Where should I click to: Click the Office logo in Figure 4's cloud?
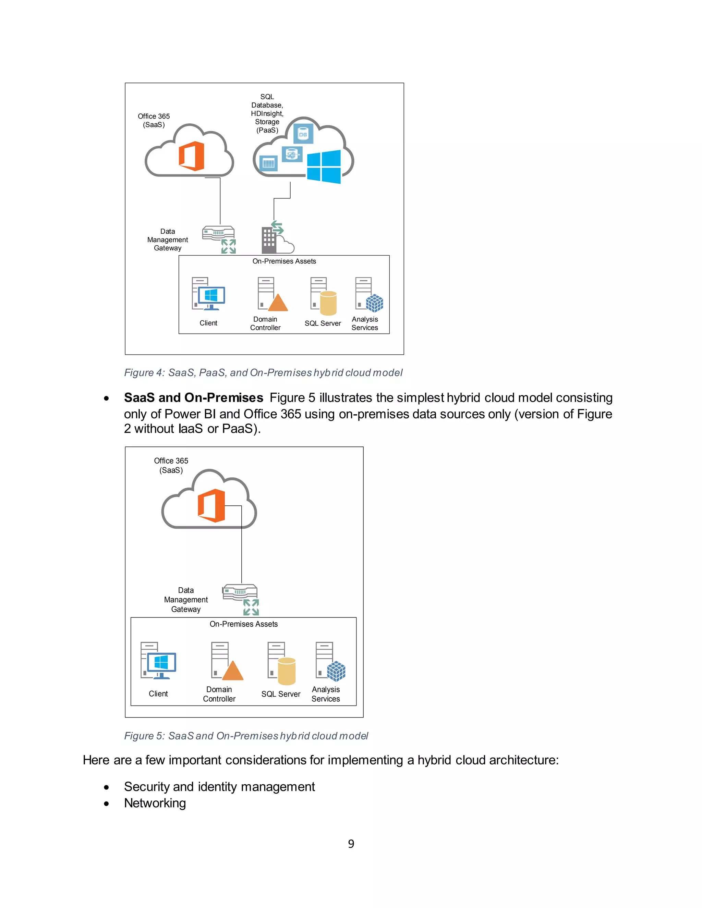point(192,156)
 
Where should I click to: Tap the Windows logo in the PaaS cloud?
point(324,167)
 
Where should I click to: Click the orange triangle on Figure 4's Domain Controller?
point(278,303)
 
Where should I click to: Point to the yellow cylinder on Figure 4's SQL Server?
point(328,303)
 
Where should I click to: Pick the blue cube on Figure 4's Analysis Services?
point(374,303)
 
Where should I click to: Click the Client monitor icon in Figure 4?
point(211,296)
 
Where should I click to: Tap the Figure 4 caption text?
point(263,372)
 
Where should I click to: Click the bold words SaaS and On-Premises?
point(193,398)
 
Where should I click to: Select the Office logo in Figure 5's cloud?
point(212,505)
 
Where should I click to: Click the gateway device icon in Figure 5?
point(240,592)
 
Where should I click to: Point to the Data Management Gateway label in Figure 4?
point(168,240)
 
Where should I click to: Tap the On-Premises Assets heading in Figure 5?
point(243,624)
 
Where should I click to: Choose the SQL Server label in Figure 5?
point(281,694)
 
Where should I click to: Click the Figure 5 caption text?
point(246,736)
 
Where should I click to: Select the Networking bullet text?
point(155,803)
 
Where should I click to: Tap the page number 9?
point(351,844)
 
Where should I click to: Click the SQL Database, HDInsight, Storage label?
point(267,113)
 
